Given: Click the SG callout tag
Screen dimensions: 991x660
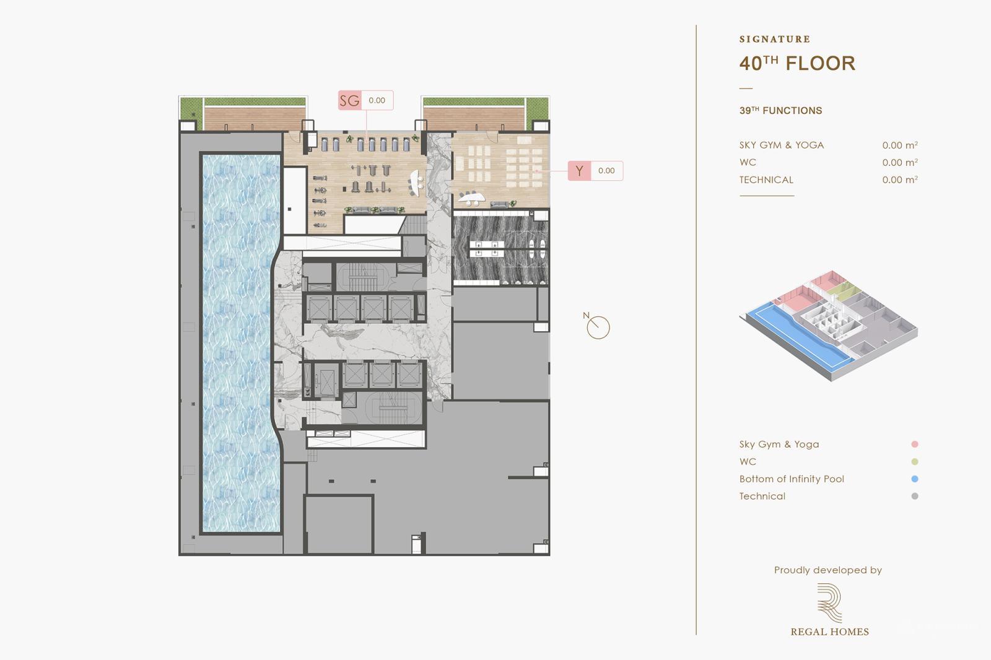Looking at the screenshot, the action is pos(349,100).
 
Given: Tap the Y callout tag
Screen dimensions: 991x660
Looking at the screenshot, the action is pos(579,171).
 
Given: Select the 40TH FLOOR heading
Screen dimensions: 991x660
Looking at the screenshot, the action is pos(797,63).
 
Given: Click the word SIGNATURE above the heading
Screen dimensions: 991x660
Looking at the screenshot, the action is pos(775,39).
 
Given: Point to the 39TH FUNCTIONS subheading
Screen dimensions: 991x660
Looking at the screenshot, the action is pos(780,111).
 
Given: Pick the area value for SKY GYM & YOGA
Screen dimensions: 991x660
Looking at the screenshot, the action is pos(900,145).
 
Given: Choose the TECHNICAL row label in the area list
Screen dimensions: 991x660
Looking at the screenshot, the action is pos(766,180).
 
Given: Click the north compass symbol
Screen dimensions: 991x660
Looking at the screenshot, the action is pos(596,326).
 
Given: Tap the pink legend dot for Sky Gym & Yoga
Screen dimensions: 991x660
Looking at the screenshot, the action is pos(914,444).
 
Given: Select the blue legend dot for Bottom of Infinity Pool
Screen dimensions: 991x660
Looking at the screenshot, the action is pos(914,479).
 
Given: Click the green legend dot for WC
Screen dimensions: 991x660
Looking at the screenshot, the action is pos(914,461).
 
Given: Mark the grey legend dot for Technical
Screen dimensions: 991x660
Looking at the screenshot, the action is pos(914,496).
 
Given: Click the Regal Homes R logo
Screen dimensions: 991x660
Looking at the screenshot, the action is pos(829,602).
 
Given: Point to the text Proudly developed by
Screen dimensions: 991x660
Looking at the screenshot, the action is pos(827,570).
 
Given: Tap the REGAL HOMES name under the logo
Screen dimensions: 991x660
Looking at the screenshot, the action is pos(829,632).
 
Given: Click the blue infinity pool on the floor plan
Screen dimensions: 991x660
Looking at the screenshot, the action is pos(241,343).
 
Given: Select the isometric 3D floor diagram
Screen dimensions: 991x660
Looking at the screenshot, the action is pos(829,326).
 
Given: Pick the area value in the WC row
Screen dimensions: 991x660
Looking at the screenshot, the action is pos(900,162).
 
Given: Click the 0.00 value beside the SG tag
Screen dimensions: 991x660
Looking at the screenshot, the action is pos(377,100).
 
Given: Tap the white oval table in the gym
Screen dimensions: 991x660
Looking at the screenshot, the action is pos(415,183).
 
